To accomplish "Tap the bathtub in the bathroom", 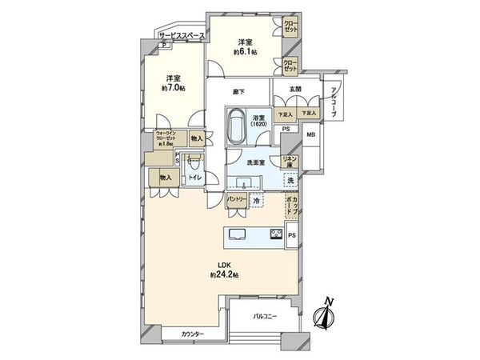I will pos(238,127).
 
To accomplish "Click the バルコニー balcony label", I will pos(265,317).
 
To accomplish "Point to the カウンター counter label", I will pos(192,334).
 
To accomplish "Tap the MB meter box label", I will pos(311,136).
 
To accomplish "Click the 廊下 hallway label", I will pos(238,92).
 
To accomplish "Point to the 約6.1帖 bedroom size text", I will pos(245,51).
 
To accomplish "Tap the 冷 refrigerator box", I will pos(256,201).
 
